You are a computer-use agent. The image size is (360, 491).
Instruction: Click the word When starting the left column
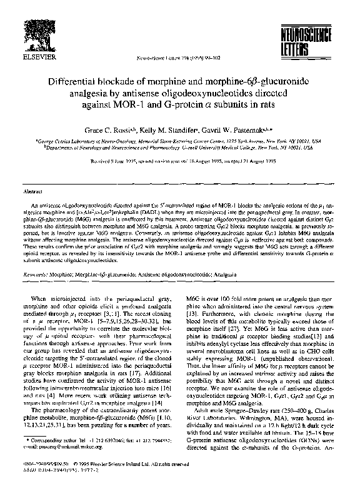coord(49,298)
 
